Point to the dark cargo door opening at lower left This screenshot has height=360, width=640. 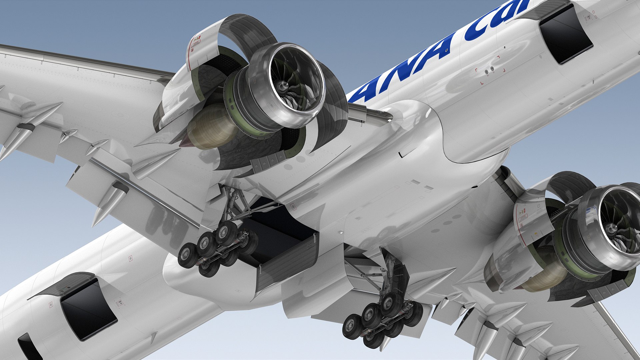[89, 310]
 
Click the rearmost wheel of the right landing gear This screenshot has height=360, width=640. [352, 327]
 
